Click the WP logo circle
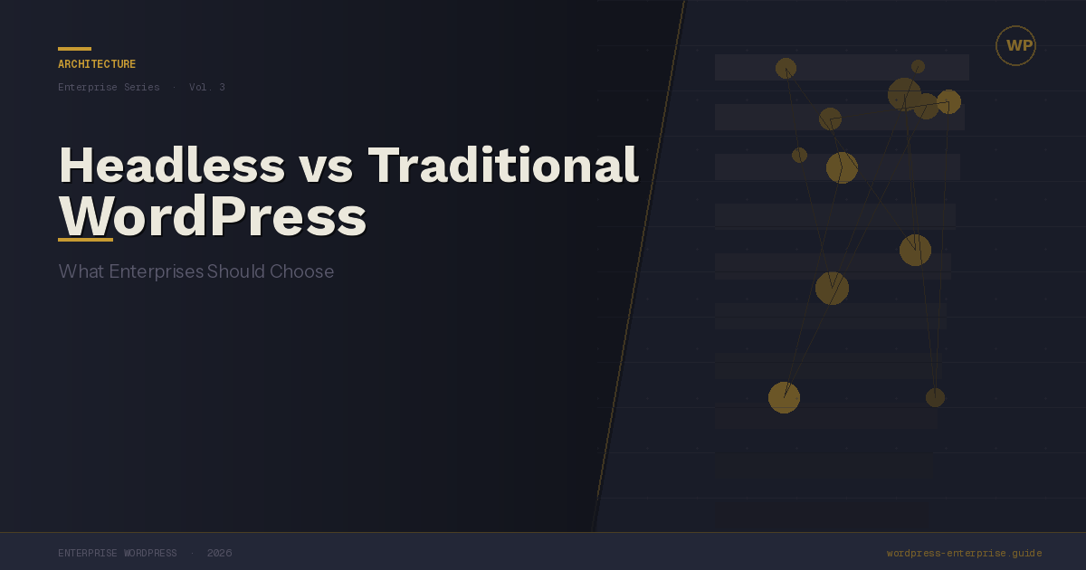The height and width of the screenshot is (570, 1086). click(1015, 25)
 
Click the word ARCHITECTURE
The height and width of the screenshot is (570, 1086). click(97, 64)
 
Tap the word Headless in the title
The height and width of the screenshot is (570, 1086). click(172, 166)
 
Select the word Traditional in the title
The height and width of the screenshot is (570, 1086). click(503, 166)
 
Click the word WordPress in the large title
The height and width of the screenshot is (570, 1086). click(213, 215)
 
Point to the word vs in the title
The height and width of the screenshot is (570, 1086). click(326, 170)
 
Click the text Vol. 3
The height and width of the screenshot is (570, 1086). click(207, 87)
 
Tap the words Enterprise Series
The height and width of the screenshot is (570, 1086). click(109, 87)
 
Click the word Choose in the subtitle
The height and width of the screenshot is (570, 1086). click(301, 271)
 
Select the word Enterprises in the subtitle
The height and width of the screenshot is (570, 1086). click(156, 272)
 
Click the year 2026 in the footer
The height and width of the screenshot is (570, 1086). click(220, 553)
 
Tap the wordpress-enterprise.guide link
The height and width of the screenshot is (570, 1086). click(965, 553)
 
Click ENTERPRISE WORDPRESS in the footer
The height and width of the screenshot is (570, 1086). click(118, 553)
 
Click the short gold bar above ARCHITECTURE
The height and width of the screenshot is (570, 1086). click(74, 49)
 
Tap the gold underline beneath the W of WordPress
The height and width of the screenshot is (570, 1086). click(85, 240)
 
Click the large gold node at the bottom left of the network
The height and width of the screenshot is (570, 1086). click(784, 397)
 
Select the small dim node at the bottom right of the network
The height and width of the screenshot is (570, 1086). click(935, 397)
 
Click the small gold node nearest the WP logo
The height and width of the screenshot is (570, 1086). click(918, 66)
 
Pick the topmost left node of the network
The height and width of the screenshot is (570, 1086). click(786, 69)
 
